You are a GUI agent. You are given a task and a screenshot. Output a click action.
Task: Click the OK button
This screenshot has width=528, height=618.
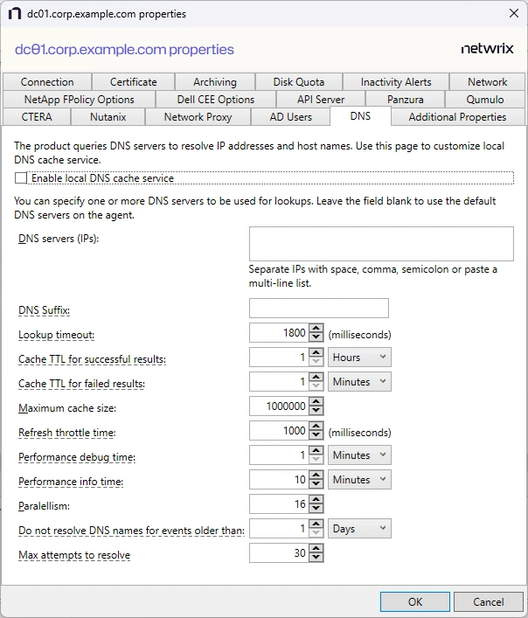click(415, 601)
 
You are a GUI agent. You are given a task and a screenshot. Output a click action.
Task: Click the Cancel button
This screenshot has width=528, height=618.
click(489, 601)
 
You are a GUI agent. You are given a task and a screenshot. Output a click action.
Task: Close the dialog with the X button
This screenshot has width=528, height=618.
click(513, 14)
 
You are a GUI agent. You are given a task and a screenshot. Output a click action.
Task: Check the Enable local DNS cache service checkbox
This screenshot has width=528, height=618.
click(21, 178)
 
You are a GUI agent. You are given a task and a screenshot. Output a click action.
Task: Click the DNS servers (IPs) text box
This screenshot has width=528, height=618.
click(380, 244)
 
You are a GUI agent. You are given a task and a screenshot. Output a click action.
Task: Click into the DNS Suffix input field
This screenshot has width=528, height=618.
click(318, 309)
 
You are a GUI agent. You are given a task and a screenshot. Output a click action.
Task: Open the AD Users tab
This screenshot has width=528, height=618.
click(290, 117)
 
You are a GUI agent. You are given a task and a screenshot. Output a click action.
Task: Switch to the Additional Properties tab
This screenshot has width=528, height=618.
click(457, 117)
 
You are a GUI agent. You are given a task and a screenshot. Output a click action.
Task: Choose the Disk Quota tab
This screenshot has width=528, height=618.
click(298, 82)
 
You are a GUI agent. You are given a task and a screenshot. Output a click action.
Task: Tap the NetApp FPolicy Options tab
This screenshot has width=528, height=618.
click(80, 100)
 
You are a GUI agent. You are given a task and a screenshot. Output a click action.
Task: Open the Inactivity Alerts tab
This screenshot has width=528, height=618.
click(396, 82)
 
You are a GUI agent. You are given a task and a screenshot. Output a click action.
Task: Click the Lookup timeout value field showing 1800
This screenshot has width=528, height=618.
click(279, 333)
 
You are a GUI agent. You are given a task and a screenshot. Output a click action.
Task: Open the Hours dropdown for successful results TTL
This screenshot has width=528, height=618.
click(360, 358)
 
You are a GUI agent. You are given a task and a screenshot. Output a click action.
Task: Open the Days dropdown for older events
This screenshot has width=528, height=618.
click(360, 529)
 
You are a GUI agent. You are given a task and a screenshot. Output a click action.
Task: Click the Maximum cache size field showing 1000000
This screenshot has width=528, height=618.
click(279, 406)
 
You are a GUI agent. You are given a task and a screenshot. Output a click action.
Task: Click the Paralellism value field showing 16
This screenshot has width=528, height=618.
click(279, 504)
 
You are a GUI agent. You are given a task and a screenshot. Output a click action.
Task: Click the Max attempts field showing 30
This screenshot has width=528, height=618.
click(279, 553)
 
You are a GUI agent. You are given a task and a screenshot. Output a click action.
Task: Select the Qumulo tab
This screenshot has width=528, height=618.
click(484, 100)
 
